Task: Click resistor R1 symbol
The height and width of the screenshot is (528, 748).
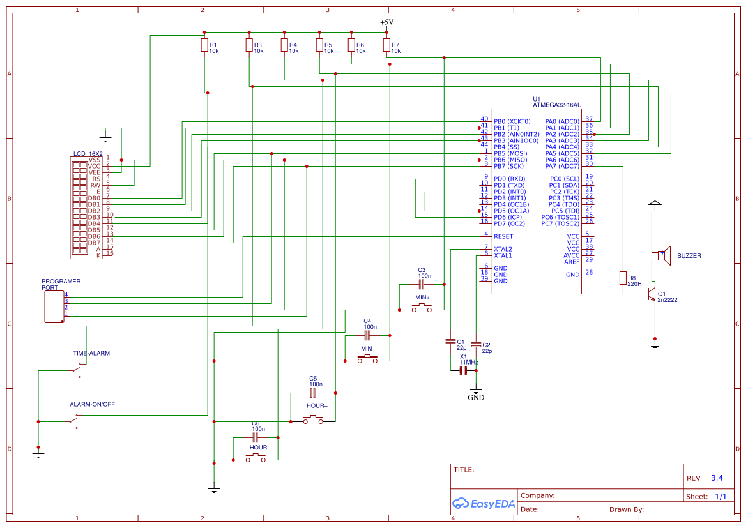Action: (204, 45)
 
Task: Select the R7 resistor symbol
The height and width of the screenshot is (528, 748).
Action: (386, 45)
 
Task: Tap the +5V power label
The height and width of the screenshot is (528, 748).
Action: (386, 22)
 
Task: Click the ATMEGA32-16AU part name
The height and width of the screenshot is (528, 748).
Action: (557, 105)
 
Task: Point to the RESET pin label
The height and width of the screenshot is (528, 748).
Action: (504, 236)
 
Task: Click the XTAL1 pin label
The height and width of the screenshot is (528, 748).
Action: (503, 255)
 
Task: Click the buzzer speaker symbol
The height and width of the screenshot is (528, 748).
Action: (664, 255)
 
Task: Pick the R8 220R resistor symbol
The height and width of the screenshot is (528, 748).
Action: (623, 278)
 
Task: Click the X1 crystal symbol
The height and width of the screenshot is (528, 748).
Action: (464, 370)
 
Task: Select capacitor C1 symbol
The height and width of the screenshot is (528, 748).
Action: (450, 342)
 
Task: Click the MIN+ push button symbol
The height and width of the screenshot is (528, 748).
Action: (422, 308)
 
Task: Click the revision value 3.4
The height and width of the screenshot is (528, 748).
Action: (717, 478)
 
